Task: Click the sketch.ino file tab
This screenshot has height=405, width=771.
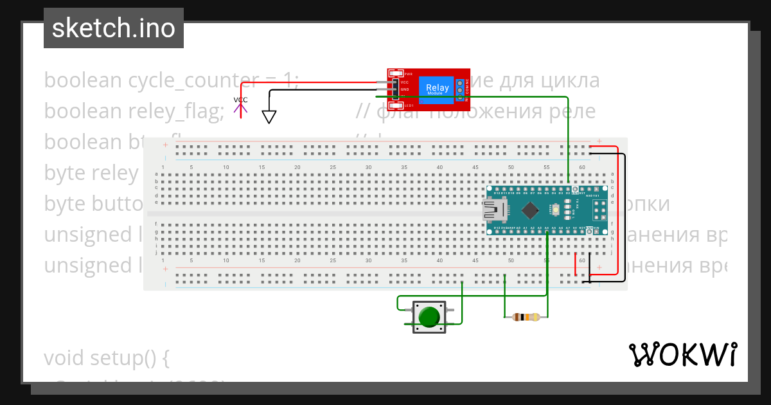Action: click(113, 28)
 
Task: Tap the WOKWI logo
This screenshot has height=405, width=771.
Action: click(682, 354)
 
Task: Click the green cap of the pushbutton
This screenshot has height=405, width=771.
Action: click(429, 317)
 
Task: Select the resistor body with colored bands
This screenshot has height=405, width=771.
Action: click(526, 316)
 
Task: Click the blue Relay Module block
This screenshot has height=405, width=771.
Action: click(438, 89)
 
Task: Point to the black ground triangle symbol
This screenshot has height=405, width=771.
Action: click(269, 116)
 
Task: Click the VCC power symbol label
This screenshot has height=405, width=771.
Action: click(240, 100)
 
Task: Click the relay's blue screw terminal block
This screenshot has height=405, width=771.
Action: click(460, 89)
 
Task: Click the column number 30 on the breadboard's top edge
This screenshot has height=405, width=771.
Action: click(369, 167)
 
